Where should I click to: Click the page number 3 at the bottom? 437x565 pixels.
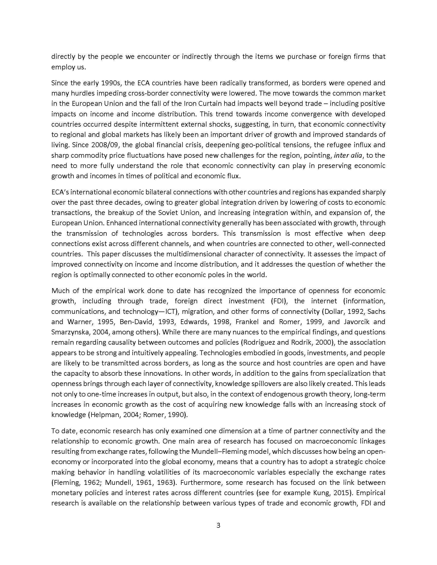click(x=218, y=525)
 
